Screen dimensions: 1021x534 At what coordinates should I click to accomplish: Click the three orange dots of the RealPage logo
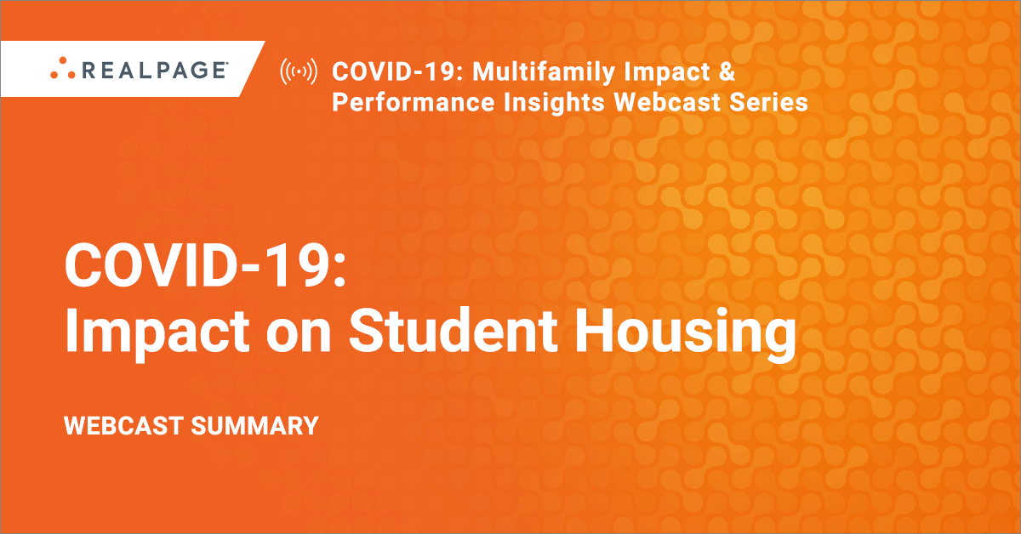coord(63,68)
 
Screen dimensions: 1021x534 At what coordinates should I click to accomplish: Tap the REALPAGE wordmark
coord(155,71)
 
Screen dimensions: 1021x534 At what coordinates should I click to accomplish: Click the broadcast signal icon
coord(299,71)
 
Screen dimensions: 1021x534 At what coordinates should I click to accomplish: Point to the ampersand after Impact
coord(727,71)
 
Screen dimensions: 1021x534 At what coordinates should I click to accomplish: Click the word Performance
coord(413,102)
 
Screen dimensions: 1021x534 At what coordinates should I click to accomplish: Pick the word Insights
coord(554,103)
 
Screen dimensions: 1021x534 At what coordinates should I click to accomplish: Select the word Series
coord(769,102)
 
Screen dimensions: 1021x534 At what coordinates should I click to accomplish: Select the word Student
coord(453,329)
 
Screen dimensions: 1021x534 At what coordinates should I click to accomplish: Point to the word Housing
coord(685,333)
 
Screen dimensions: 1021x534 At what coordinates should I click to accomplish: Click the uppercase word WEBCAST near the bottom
coord(123,426)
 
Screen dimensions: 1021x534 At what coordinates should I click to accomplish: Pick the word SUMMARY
coord(254,426)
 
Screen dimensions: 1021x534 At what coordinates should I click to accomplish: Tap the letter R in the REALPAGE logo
coord(88,71)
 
